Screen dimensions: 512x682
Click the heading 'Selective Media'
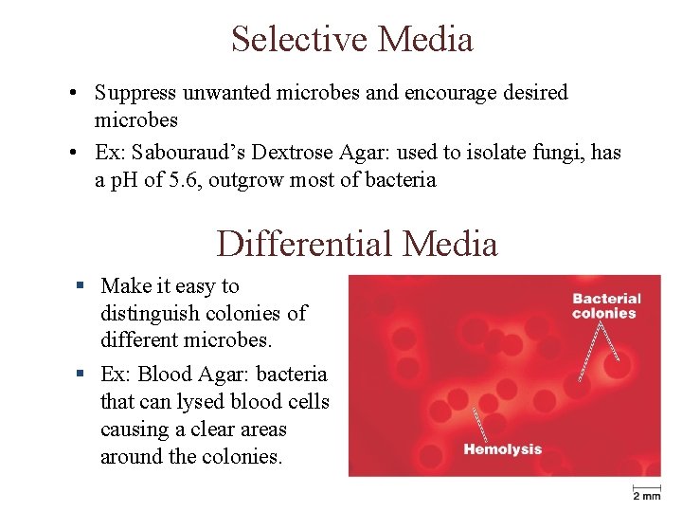click(x=351, y=40)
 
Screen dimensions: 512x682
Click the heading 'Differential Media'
click(x=356, y=244)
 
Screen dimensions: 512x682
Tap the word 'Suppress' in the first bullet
click(x=135, y=93)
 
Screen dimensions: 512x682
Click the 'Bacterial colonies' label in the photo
click(x=606, y=305)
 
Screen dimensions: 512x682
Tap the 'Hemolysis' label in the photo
click(x=502, y=449)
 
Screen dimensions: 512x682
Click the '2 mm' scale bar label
click(x=647, y=495)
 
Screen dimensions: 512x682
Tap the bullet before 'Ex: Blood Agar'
click(x=82, y=375)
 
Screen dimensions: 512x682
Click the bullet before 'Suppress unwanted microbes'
click(x=73, y=94)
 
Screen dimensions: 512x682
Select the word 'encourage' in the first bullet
click(x=450, y=93)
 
